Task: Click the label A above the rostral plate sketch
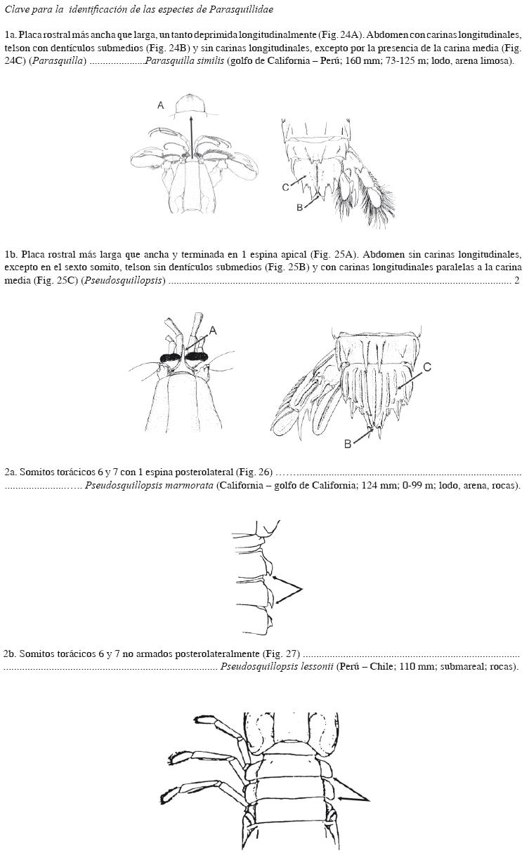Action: [161, 105]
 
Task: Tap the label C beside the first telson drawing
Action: [285, 187]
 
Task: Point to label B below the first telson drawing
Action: [299, 208]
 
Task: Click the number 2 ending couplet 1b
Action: [517, 281]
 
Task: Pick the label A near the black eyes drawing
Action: [213, 330]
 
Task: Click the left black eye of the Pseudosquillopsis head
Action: [171, 358]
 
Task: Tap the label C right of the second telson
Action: [427, 366]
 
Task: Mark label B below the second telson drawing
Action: [347, 444]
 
